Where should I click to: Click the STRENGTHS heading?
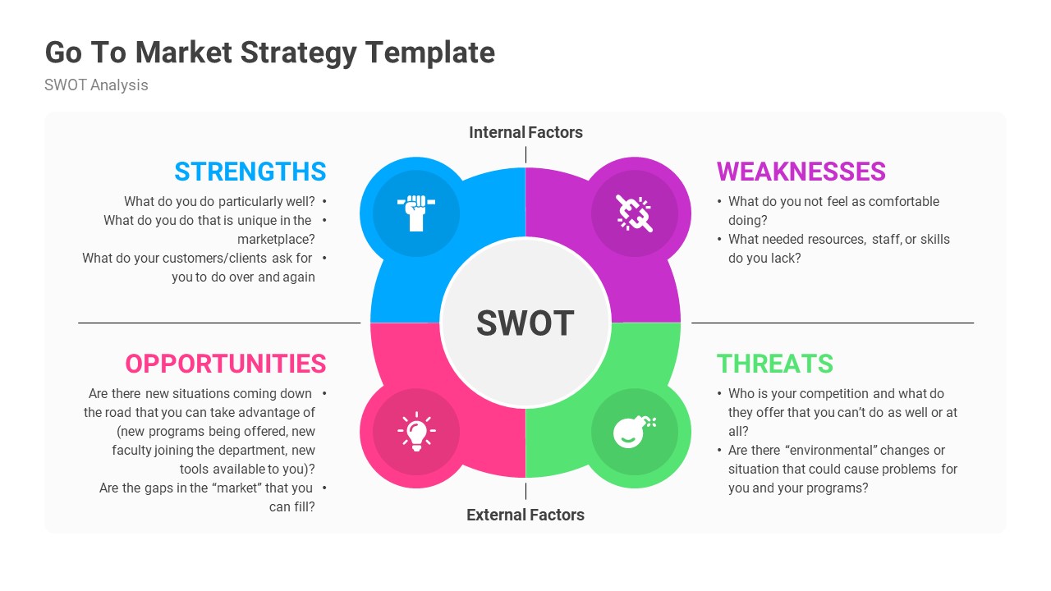250,172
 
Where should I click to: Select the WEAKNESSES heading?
801,172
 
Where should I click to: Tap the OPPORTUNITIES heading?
226,364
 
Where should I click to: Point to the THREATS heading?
774,364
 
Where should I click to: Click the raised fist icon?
415,213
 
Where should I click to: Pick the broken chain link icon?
635,213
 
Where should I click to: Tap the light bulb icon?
415,432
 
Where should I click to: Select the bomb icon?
635,432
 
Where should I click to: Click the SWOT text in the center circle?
525,323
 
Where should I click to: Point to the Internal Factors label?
525,132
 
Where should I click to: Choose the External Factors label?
525,515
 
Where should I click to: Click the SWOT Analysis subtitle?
96,85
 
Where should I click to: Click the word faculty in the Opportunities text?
134,450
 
